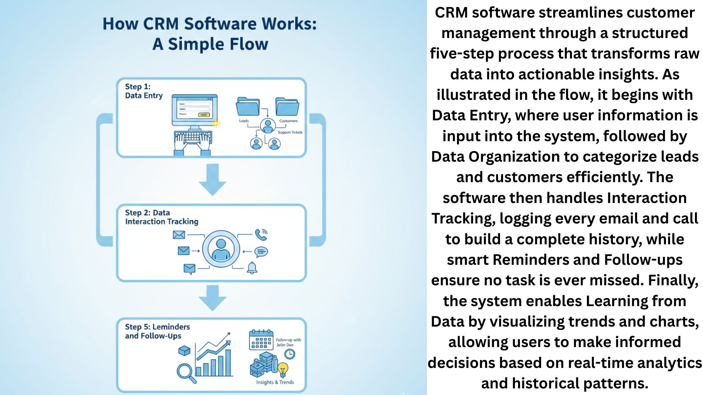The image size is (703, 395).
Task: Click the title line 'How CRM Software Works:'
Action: coord(209,24)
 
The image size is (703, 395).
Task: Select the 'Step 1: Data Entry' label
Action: coord(144,91)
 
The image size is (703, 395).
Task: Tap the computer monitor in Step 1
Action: coord(194,110)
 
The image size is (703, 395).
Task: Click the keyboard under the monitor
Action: coord(193,138)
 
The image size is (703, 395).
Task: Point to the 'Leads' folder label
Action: coord(244,121)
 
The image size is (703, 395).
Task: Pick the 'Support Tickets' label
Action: coord(290,132)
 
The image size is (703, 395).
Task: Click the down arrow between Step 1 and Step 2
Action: coord(212,179)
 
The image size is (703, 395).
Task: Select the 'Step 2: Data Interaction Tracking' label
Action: coord(161,217)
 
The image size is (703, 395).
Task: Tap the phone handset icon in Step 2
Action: coord(261,234)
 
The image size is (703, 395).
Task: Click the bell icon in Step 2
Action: coord(252,268)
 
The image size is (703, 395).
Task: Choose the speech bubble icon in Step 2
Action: coord(261,252)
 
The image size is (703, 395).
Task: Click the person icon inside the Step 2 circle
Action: coord(221,249)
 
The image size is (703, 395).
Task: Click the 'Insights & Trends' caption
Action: coord(275,382)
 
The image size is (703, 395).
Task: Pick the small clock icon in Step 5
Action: coord(290,354)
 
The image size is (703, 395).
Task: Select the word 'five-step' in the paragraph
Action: coord(462,53)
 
